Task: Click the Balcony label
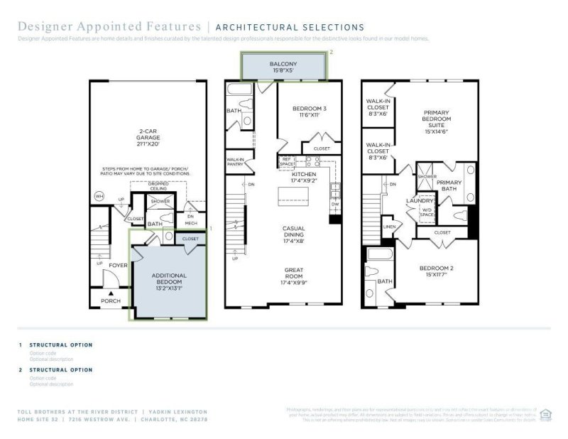coord(283,67)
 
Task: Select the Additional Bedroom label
coord(169,281)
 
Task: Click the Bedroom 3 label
coord(310,112)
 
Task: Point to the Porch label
coord(110,300)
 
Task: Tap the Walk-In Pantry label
coord(236,162)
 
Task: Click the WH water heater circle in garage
coord(99,196)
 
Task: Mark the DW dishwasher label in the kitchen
coord(334,203)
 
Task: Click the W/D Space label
coord(427,211)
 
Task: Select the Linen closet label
coord(388,227)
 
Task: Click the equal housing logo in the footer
coord(546,414)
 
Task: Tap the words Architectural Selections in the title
coord(289,28)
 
